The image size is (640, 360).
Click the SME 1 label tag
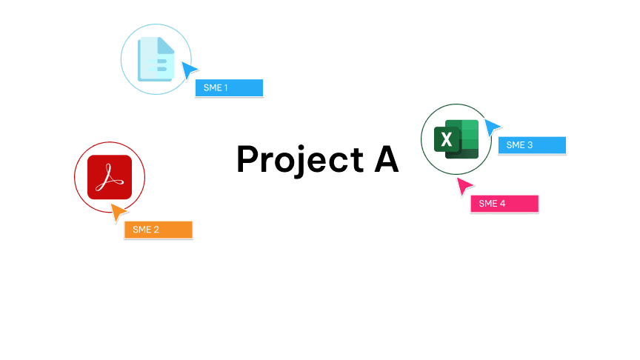(x=229, y=88)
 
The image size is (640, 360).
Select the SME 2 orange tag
(x=158, y=230)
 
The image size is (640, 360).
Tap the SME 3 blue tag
(x=532, y=145)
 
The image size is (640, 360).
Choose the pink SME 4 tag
(x=504, y=204)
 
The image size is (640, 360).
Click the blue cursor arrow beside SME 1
(x=190, y=71)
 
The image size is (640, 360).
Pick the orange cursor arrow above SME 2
(x=118, y=213)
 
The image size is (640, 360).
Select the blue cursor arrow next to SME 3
(x=492, y=127)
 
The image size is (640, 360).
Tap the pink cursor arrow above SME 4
(x=464, y=187)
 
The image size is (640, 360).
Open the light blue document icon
(x=156, y=59)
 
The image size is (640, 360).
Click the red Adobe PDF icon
(x=110, y=177)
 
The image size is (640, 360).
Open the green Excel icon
(x=456, y=139)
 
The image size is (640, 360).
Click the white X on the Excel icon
(x=446, y=139)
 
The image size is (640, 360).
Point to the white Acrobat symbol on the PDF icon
(x=110, y=177)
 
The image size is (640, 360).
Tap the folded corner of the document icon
(x=167, y=44)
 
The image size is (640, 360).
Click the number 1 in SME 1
(x=226, y=88)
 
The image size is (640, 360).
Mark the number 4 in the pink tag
(x=503, y=204)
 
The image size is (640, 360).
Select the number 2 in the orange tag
(x=156, y=230)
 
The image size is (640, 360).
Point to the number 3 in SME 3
(x=530, y=145)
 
